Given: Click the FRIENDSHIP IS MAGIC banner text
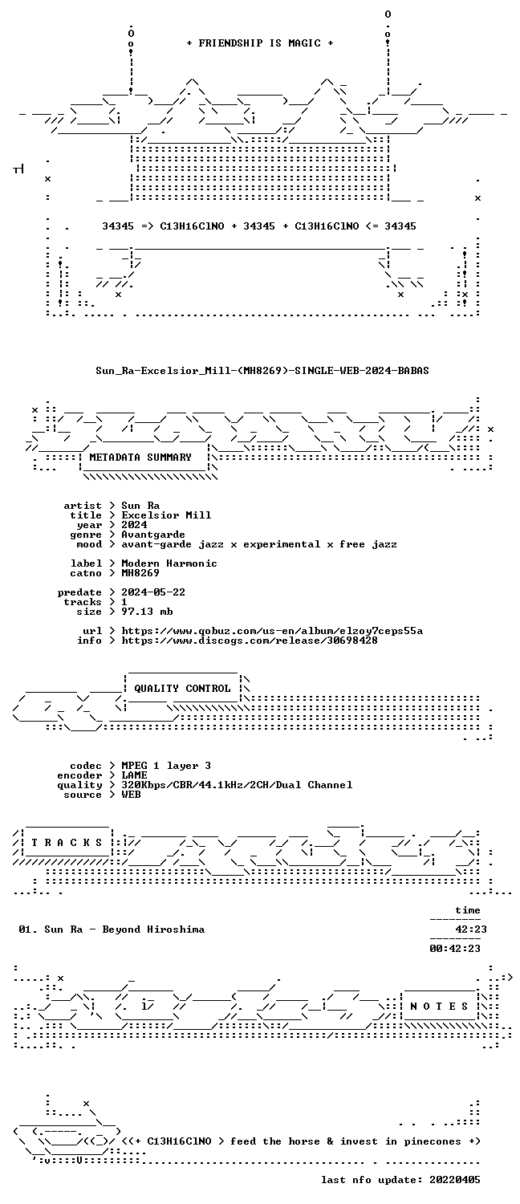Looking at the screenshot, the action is point(260,43).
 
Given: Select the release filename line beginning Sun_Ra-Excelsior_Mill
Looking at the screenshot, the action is point(262,370).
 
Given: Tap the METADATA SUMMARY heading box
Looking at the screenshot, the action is point(144,458).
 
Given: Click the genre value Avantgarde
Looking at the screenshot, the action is point(153,535).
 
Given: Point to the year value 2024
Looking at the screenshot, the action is point(134,525).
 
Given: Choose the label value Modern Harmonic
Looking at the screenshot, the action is point(169,563).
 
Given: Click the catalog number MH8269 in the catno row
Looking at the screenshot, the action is point(140,573).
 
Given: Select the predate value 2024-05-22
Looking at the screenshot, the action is point(153,592).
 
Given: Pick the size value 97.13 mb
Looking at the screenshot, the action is point(147,612).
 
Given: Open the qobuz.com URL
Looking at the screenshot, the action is point(272,631).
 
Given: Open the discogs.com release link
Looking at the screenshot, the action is point(250,641).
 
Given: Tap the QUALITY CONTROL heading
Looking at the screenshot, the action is point(182,689).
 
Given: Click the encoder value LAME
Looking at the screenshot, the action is point(134,775).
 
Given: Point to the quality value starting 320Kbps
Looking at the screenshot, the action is point(237,785).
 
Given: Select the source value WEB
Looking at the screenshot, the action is point(131,795).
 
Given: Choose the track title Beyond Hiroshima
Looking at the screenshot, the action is point(153,929).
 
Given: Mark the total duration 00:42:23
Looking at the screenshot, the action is point(455,949).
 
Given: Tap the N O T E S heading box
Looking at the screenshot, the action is point(439,1007).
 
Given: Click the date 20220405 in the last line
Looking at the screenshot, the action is point(455,1180).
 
